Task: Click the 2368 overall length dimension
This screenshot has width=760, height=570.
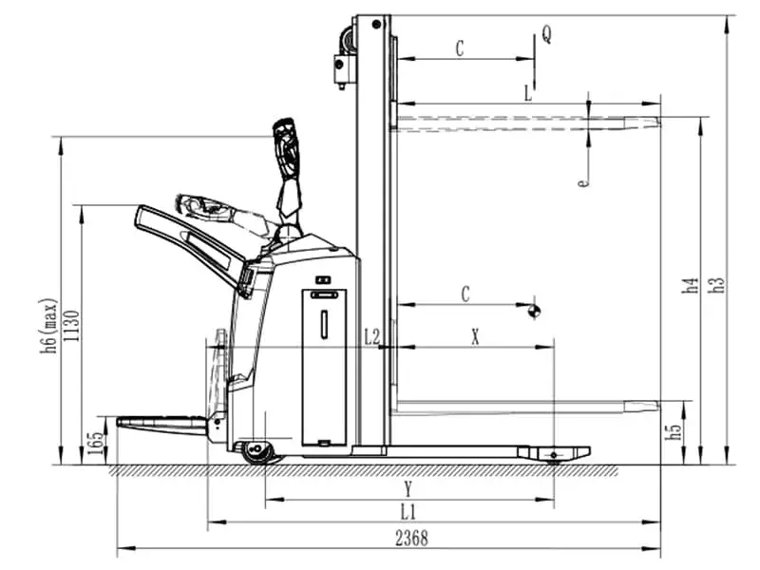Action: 411,539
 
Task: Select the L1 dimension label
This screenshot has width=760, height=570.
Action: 408,512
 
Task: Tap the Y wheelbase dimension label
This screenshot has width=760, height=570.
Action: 408,489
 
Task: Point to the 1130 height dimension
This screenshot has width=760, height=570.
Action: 72,326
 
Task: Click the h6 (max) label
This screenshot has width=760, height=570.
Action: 49,326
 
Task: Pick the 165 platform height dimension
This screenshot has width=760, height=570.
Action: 95,443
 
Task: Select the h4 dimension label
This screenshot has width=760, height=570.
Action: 691,285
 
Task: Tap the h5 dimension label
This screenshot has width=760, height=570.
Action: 674,429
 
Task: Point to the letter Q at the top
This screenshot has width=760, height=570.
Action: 547,34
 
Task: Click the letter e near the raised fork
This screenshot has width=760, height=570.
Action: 583,182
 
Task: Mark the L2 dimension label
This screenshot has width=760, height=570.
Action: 372,337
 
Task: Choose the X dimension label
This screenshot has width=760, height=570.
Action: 476,337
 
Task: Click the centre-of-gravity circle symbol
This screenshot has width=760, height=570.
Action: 535,312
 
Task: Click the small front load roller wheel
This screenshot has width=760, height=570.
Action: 554,456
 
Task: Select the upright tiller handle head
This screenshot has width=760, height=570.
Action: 286,146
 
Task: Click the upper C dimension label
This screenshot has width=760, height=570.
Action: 460,48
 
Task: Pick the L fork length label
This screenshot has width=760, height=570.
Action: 528,93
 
